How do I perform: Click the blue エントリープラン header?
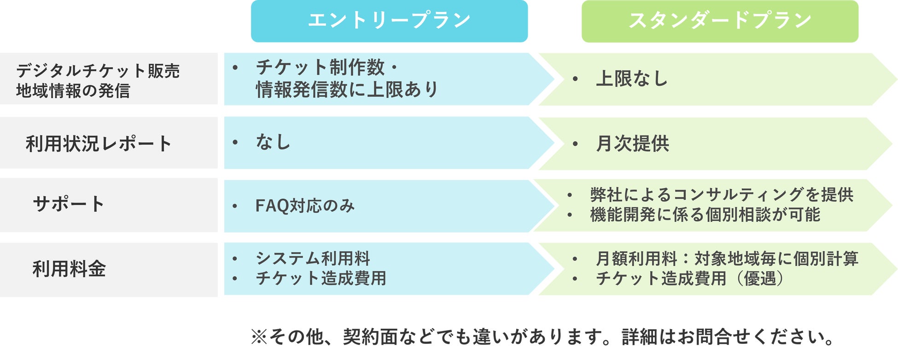[x=389, y=21]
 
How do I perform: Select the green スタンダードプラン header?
[x=720, y=21]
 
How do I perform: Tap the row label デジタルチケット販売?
[x=98, y=70]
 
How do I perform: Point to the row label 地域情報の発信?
[x=73, y=91]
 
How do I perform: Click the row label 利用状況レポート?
[x=99, y=144]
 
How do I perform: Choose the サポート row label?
[x=69, y=203]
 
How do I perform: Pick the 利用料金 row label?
[x=69, y=269]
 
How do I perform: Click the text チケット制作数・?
[x=327, y=67]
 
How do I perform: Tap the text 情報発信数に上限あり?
[x=347, y=89]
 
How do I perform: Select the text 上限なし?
[x=631, y=79]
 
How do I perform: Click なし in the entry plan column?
[x=273, y=142]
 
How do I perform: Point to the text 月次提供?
[x=632, y=144]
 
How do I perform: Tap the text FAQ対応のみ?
[x=305, y=205]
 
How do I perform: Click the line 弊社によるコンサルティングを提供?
[x=722, y=195]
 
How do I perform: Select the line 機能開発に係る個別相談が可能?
[x=705, y=215]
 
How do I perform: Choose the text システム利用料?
[x=313, y=258]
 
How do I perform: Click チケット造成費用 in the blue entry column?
[x=321, y=278]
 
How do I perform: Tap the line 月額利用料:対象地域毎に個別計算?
[x=727, y=259]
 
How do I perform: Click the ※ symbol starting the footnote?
[x=259, y=337]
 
